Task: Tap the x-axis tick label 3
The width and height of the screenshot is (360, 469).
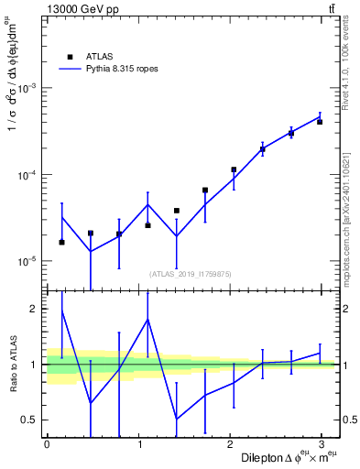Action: [x=322, y=444]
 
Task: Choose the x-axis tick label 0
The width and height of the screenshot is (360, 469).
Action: [x=47, y=444]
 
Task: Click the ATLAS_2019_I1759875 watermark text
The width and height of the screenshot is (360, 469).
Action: [x=191, y=273]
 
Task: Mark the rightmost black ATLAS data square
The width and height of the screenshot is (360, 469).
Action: [x=320, y=121]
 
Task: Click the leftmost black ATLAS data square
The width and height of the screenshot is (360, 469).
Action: [x=61, y=242]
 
